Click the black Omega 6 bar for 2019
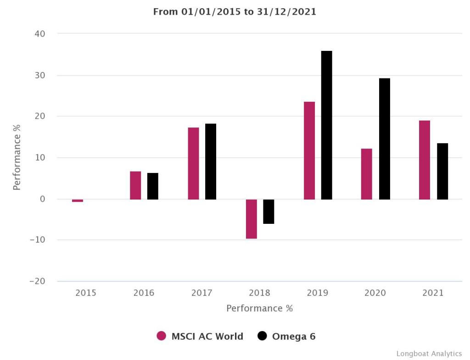[326, 125]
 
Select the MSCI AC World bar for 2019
[309, 150]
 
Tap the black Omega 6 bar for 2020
[384, 138]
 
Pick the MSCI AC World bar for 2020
[367, 174]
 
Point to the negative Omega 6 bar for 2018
[269, 211]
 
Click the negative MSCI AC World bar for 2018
[252, 219]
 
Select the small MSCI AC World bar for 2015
[78, 200]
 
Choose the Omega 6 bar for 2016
[152, 186]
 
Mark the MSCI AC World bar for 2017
[194, 163]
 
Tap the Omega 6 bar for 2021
[442, 171]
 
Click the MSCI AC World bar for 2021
[425, 160]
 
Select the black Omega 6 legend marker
[262, 336]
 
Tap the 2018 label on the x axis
[260, 293]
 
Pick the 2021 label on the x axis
[433, 293]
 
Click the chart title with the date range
[235, 12]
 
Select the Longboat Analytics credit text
[429, 354]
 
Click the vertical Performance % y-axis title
[17, 157]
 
